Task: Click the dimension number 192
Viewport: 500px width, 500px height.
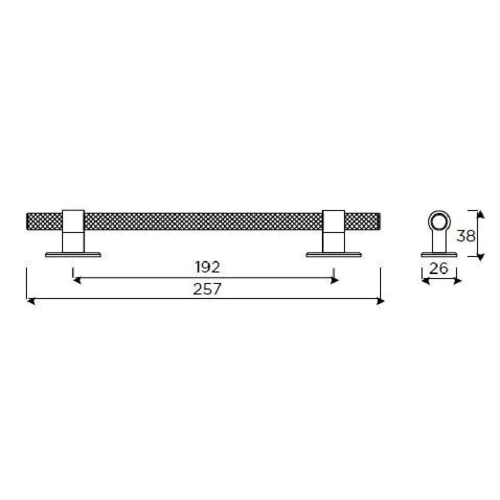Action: coord(207,267)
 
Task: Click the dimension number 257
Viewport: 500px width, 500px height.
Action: coord(207,289)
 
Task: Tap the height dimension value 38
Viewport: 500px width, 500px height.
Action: coord(466,235)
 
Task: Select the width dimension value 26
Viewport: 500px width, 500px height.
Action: coord(438,268)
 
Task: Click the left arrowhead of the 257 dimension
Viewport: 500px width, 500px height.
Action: coord(29,301)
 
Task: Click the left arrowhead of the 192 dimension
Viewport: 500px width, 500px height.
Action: coord(76,280)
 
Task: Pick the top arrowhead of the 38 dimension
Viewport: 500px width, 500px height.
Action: coord(480,214)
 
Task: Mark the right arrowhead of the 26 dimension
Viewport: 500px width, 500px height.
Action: coord(457,281)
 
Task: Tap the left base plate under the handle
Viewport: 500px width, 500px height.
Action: coord(73,254)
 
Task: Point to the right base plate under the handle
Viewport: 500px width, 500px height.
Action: coord(334,254)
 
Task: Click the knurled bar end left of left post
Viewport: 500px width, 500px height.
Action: coord(44,221)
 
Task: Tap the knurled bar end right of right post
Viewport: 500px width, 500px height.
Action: coord(363,221)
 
